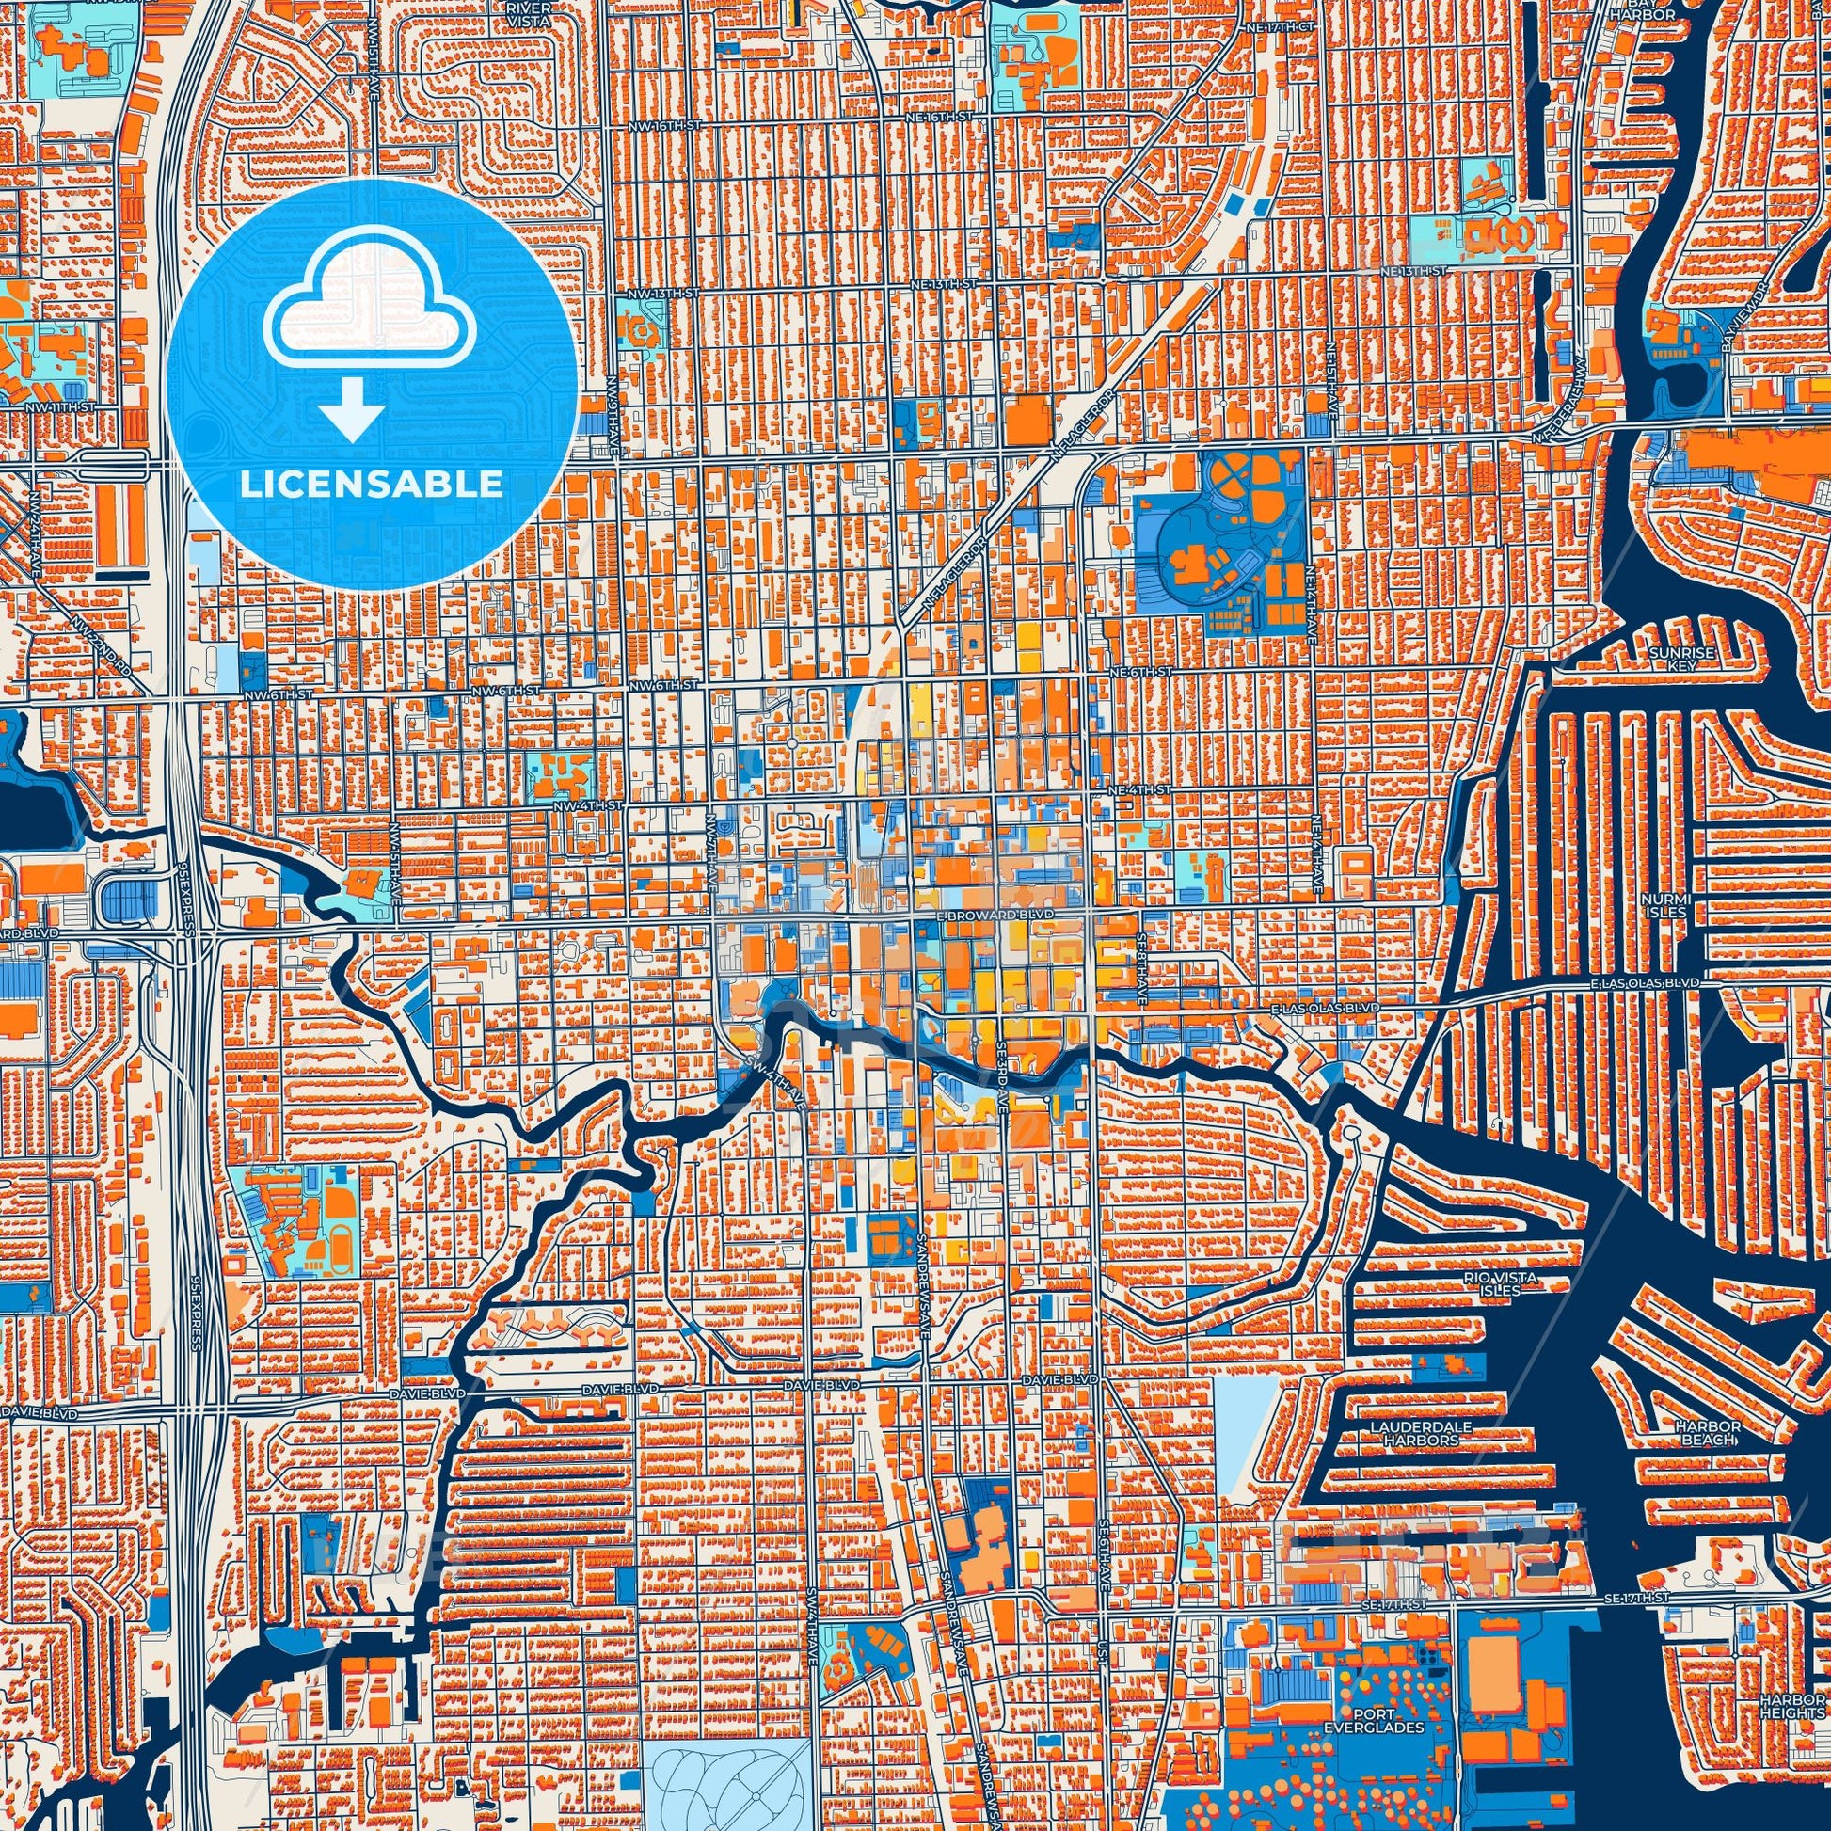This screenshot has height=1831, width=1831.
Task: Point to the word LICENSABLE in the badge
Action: (x=371, y=485)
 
